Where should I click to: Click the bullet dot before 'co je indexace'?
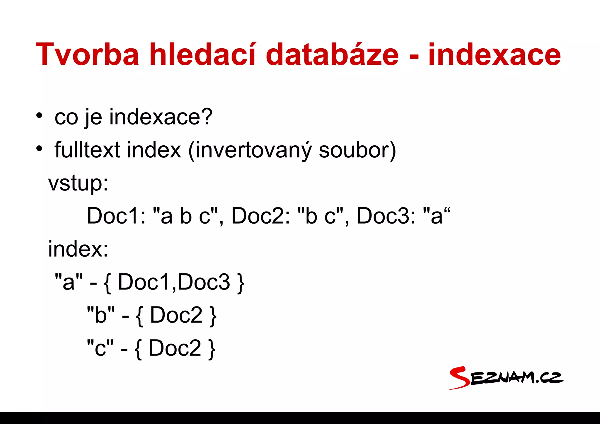(x=39, y=115)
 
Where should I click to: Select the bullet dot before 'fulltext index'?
(x=39, y=149)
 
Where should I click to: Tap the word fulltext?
(x=87, y=150)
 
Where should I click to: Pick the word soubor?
(x=354, y=150)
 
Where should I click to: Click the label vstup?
(x=78, y=183)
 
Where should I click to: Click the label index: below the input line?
(x=78, y=249)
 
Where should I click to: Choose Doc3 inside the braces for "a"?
(x=204, y=282)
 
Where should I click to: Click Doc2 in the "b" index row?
(x=176, y=315)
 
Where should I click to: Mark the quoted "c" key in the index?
(x=100, y=348)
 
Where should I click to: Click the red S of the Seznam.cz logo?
(x=459, y=378)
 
